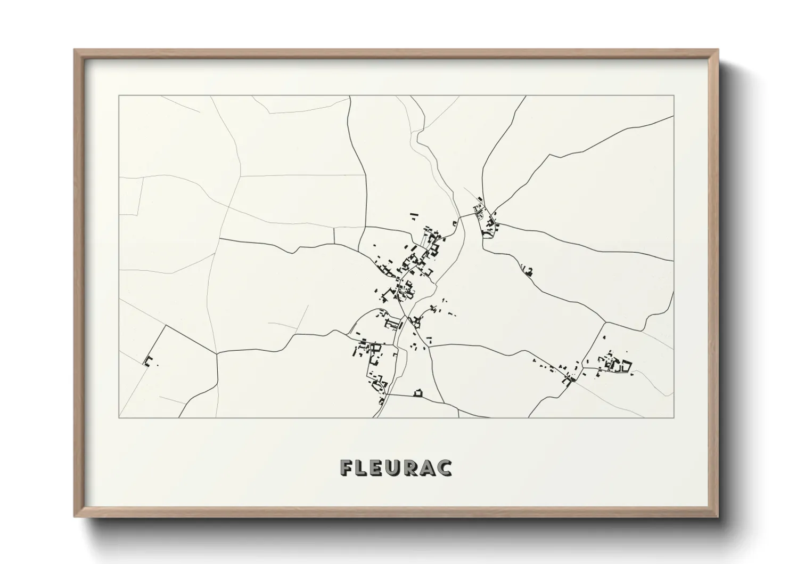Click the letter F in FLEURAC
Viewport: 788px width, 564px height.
(x=347, y=468)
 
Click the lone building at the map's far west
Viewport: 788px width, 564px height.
(x=148, y=361)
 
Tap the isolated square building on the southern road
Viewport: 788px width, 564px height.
(x=418, y=393)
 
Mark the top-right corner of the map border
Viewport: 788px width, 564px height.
(x=674, y=96)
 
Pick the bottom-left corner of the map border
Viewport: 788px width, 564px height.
(x=119, y=417)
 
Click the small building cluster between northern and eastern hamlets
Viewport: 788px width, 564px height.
(x=528, y=271)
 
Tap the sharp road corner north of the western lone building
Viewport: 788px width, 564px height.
(x=165, y=325)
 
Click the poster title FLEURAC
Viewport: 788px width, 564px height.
(x=396, y=468)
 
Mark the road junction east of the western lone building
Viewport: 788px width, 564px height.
(x=216, y=353)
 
